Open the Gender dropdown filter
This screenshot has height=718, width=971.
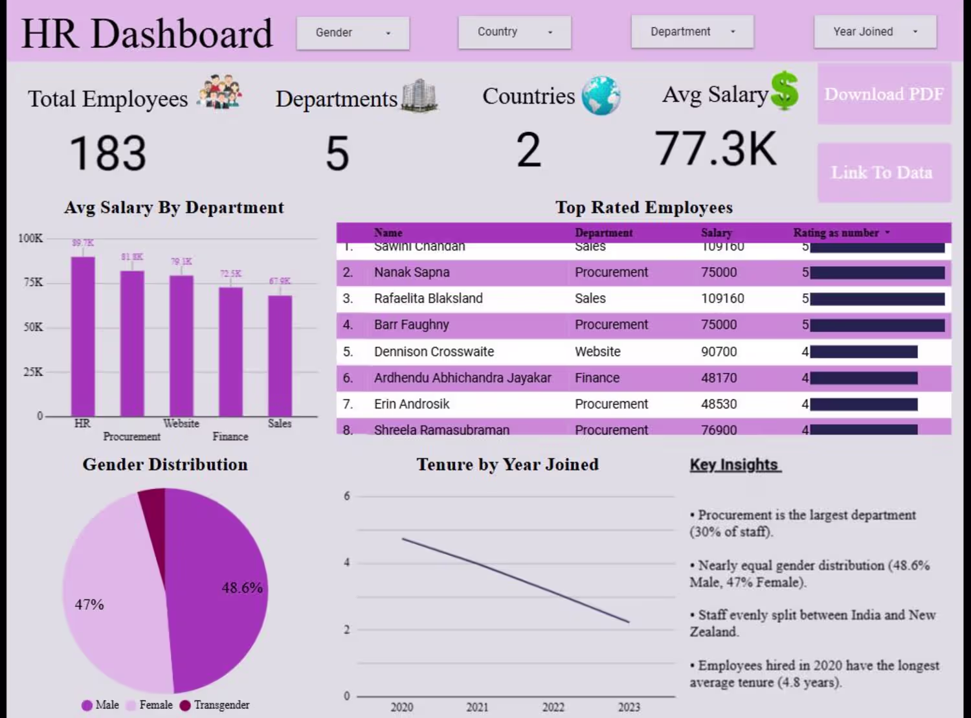coord(353,33)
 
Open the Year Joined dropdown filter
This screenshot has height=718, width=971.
coord(875,32)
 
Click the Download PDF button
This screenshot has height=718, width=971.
coord(884,95)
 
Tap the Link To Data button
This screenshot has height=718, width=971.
coord(884,173)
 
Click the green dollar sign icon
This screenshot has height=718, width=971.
coord(785,91)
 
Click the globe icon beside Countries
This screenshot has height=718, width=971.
coord(601,96)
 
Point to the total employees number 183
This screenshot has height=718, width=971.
coord(107,154)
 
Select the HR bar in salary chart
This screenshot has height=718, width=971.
coord(83,337)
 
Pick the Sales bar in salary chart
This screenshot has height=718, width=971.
coord(280,356)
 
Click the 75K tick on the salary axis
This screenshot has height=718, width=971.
coord(33,282)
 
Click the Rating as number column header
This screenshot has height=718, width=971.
coord(836,233)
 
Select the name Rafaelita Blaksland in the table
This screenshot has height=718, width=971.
coord(428,298)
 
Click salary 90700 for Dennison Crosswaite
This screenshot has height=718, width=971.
coord(719,352)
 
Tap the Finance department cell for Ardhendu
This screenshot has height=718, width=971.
coord(597,377)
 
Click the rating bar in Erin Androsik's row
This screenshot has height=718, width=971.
coord(864,405)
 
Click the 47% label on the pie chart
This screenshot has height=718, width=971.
coord(89,604)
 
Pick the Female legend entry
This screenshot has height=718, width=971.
coord(150,705)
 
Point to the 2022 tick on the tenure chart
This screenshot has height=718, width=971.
coord(553,707)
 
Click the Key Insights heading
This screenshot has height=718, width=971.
coord(735,465)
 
